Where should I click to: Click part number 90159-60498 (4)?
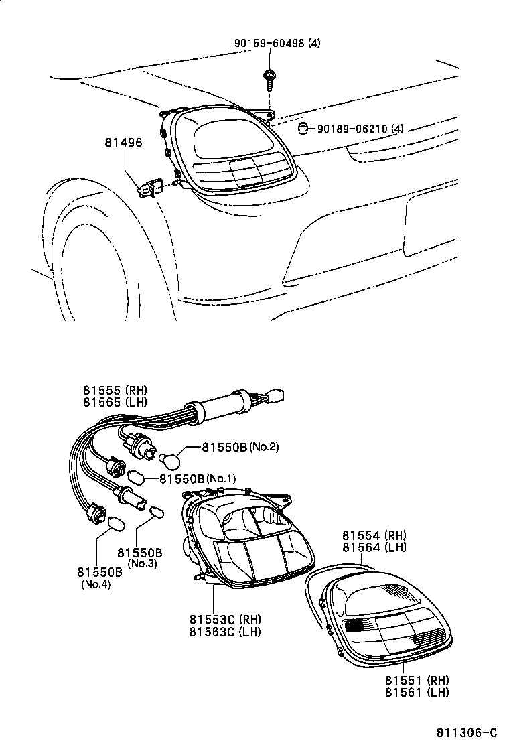click(277, 43)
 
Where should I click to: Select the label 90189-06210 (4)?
click(360, 128)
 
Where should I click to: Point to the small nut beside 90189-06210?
click(303, 127)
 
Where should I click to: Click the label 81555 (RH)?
click(115, 390)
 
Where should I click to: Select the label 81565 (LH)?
click(115, 402)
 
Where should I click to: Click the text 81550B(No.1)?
click(198, 478)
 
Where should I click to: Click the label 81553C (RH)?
click(224, 619)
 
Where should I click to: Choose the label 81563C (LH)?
click(224, 631)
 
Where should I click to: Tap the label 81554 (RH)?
click(374, 535)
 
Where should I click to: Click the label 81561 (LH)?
click(417, 692)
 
